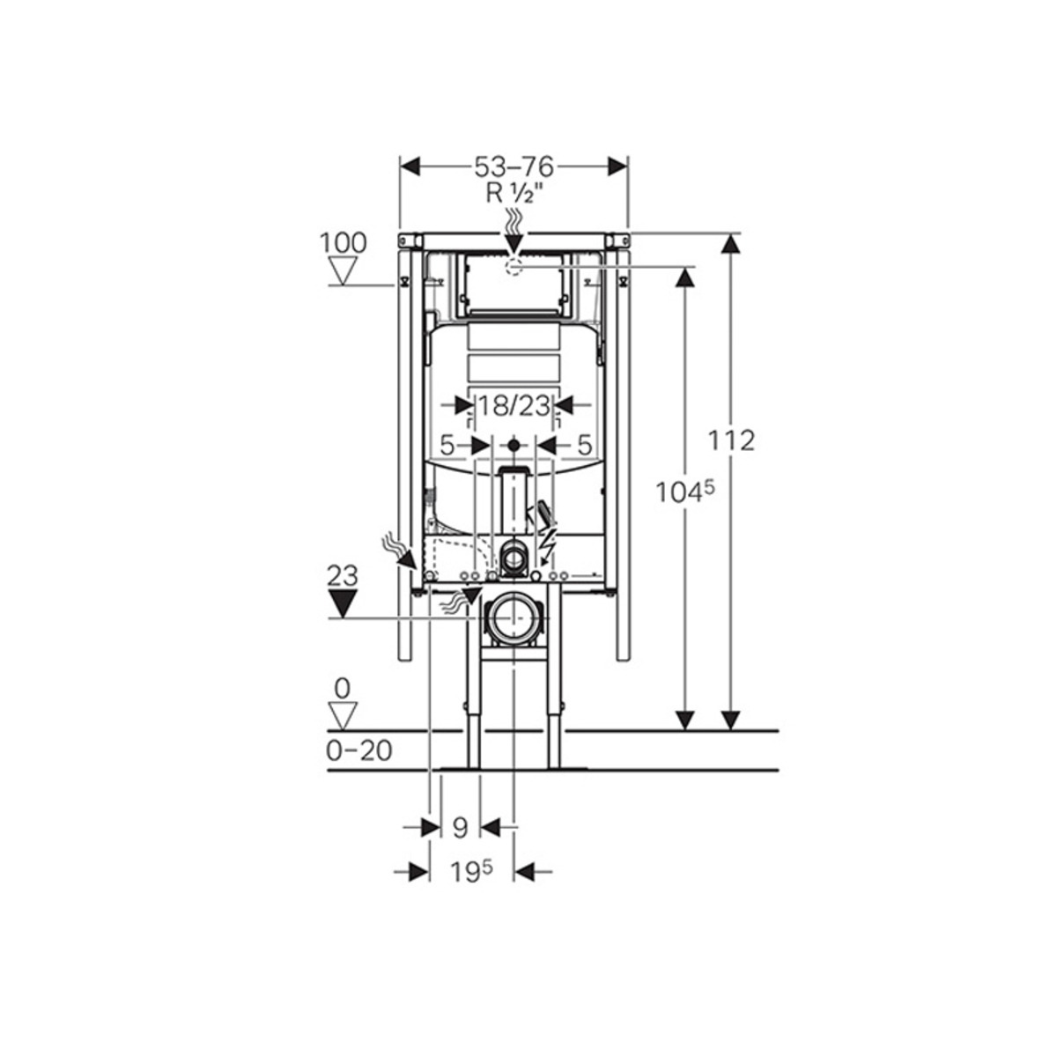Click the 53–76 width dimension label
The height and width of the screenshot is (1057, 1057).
point(514,166)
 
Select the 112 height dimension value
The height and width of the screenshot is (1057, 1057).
point(731,440)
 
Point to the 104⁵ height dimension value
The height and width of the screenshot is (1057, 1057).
point(685,492)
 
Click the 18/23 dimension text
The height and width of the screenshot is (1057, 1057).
point(514,406)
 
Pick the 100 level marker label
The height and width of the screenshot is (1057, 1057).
point(344,243)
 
